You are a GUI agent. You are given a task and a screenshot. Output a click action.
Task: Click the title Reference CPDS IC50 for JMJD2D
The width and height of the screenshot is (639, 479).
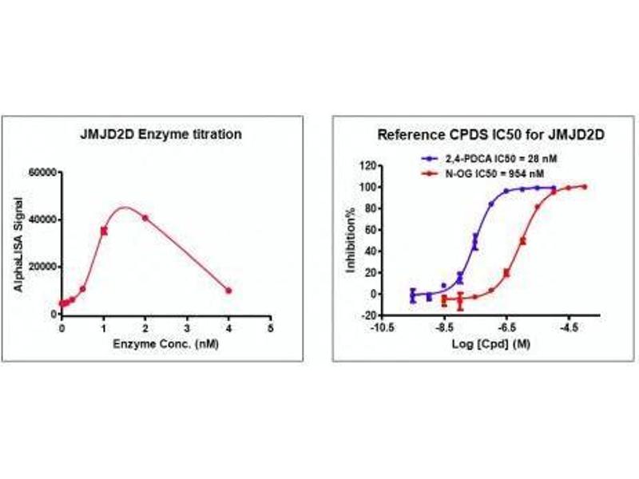tap(468, 134)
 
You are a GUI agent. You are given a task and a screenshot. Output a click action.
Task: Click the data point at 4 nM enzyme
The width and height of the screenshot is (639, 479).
tap(228, 291)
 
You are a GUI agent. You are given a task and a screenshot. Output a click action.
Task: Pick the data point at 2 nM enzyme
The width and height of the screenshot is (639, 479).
tap(145, 218)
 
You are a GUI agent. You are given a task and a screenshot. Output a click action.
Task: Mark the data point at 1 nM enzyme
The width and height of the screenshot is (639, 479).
tap(104, 231)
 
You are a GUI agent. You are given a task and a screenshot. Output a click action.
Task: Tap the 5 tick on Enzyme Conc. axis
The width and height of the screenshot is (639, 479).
tap(270, 327)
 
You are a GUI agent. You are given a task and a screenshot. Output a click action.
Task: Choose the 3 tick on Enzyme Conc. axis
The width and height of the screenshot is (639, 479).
tap(187, 327)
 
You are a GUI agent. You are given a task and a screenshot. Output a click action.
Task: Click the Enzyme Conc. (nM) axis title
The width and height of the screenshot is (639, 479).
tap(167, 345)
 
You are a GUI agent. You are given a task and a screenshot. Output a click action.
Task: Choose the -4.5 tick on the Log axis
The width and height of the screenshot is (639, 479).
tap(570, 327)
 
